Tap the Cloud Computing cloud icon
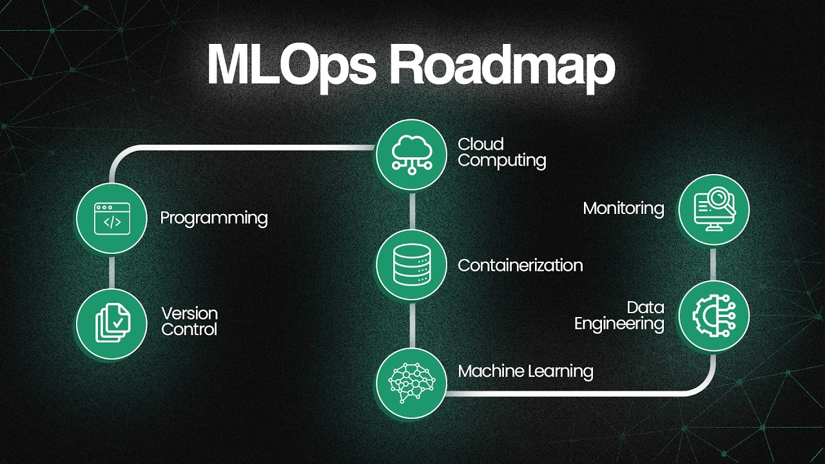coord(411,155)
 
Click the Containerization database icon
coord(411,264)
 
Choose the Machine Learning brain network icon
coord(411,383)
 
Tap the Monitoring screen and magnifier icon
coord(713,209)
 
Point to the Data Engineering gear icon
coord(713,315)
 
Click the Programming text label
coord(214,218)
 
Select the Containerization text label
coord(520,265)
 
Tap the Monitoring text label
coord(623,208)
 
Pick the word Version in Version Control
coord(189,314)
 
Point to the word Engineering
coord(619,324)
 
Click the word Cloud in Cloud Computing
coord(480,144)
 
